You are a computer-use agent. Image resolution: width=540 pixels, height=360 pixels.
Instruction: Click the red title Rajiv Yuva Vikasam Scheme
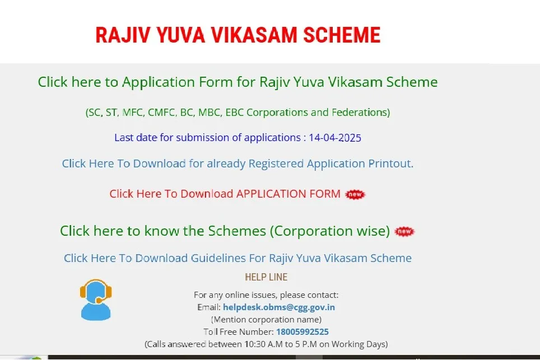(x=238, y=35)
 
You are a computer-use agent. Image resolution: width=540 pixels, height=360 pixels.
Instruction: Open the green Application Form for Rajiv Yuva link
(x=238, y=82)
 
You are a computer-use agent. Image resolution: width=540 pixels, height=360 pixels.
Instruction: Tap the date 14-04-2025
(x=335, y=138)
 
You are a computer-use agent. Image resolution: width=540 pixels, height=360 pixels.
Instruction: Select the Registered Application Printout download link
(x=238, y=164)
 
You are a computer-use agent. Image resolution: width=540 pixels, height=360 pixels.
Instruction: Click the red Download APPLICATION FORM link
(x=225, y=194)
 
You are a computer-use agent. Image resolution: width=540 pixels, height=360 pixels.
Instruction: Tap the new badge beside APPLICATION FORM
(x=355, y=194)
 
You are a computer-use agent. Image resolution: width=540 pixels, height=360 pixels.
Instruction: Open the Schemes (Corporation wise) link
(x=225, y=231)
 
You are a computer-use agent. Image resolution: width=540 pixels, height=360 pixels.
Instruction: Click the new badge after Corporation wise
(x=404, y=231)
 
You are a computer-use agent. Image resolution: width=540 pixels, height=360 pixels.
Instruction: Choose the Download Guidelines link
(x=238, y=258)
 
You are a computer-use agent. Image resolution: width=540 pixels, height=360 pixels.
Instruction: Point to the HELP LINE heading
(x=266, y=277)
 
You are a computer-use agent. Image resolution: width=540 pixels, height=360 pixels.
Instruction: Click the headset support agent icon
(x=96, y=300)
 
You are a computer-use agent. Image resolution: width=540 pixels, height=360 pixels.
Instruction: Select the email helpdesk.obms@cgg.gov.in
(x=279, y=307)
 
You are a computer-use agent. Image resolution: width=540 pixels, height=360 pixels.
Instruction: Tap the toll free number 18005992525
(x=302, y=332)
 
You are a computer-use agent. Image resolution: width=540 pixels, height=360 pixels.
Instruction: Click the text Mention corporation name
(x=266, y=320)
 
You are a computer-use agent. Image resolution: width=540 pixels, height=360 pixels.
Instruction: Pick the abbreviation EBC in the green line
(x=234, y=113)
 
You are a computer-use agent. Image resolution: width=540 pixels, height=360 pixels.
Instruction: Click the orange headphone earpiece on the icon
(x=83, y=292)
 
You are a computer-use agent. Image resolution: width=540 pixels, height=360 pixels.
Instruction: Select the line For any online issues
(x=266, y=295)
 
